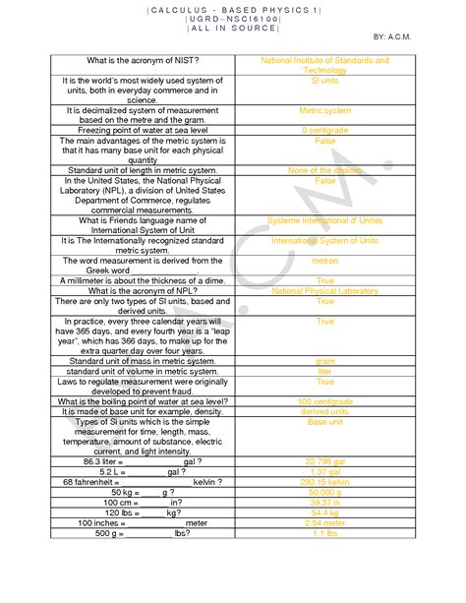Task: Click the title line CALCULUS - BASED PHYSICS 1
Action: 233,10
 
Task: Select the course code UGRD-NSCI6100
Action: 233,20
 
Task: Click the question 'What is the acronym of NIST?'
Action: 144,61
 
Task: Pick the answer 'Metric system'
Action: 324,111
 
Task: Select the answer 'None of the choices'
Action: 324,171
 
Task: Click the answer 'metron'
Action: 324,261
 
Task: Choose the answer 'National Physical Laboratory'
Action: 324,291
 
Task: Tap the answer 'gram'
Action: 324,361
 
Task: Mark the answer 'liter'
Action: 324,371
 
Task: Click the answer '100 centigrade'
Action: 324,401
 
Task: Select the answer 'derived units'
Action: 324,411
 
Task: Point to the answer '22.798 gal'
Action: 324,460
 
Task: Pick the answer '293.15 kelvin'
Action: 324,481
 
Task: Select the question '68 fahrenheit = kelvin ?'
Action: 144,481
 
